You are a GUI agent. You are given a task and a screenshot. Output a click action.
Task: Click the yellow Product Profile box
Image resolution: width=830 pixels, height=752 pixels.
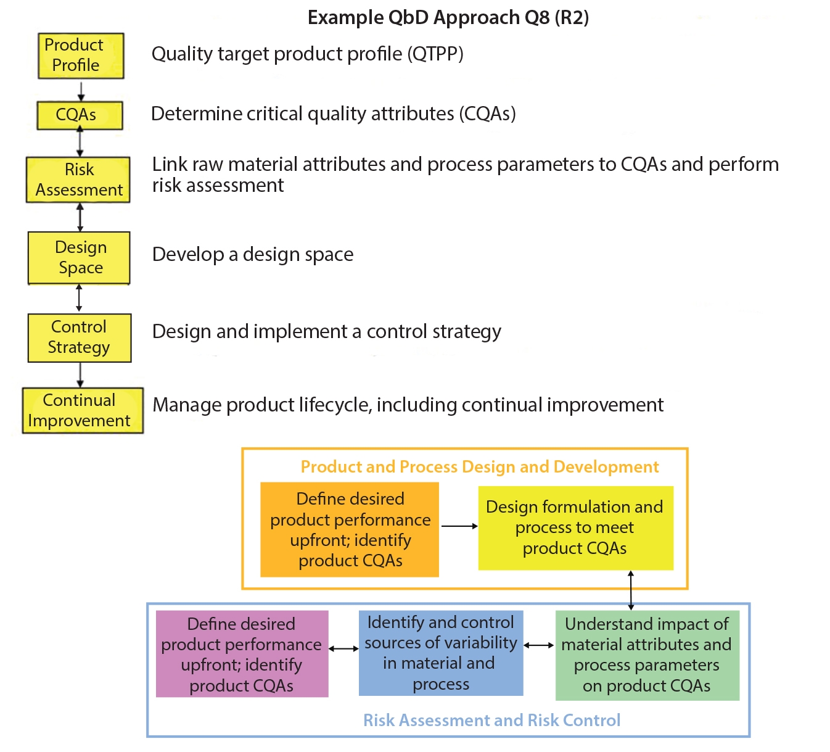pos(81,56)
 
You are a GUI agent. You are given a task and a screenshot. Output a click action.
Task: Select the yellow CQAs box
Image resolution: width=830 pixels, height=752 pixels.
pos(80,115)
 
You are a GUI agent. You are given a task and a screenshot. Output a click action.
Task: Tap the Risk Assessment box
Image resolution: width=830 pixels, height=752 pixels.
pos(78,180)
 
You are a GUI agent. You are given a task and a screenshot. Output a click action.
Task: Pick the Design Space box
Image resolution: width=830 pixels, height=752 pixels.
pos(79,258)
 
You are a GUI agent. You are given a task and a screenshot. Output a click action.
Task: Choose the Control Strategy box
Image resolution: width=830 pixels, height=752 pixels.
pos(80,337)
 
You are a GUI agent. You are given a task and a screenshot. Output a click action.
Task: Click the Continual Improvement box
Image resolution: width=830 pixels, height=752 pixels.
pos(83,410)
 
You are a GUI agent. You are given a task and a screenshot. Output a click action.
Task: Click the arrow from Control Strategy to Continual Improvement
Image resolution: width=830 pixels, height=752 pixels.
pos(80,374)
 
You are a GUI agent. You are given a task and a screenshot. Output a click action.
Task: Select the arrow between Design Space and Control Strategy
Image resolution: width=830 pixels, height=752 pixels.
pos(79,299)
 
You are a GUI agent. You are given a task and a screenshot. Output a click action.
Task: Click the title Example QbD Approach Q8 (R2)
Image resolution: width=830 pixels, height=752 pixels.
pos(448,17)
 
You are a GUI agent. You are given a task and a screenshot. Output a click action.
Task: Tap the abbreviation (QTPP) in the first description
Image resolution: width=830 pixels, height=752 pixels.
pos(435,54)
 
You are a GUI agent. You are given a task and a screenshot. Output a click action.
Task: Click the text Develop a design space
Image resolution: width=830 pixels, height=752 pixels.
pos(253,254)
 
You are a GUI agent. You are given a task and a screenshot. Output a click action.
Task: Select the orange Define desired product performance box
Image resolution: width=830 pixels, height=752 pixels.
pos(350,529)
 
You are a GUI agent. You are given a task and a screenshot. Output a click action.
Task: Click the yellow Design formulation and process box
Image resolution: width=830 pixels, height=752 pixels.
pos(575,527)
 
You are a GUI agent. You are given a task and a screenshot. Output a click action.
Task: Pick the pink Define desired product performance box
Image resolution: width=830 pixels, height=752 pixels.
pos(242,654)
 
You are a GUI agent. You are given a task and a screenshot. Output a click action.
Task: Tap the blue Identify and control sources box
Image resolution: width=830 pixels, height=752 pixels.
pos(441,653)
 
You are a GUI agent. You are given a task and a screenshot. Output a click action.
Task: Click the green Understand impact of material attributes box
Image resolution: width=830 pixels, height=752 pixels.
pos(647,655)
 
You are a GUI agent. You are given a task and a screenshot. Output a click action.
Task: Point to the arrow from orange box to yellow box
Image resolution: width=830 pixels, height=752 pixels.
pos(459,526)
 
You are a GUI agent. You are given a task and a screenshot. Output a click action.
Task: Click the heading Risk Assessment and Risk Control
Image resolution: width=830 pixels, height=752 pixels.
pos(491,720)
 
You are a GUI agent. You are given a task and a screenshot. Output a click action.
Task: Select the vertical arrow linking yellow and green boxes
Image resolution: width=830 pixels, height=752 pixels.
pos(631,590)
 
